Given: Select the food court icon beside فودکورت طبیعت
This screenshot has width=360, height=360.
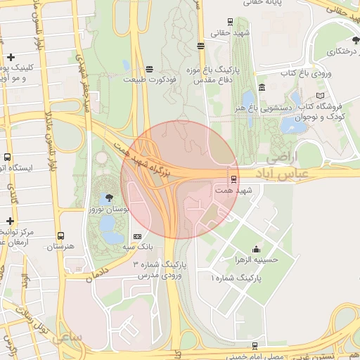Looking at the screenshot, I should [x=149, y=68].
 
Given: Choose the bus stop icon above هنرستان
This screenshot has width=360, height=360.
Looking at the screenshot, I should [x=61, y=236].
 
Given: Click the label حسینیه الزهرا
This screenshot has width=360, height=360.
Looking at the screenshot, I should [x=256, y=259].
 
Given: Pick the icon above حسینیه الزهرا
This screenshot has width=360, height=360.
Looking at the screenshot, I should [x=256, y=248].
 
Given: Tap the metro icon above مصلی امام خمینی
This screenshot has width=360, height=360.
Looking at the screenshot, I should [x=255, y=345].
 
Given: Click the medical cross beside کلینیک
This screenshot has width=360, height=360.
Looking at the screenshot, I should [x=10, y=57].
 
